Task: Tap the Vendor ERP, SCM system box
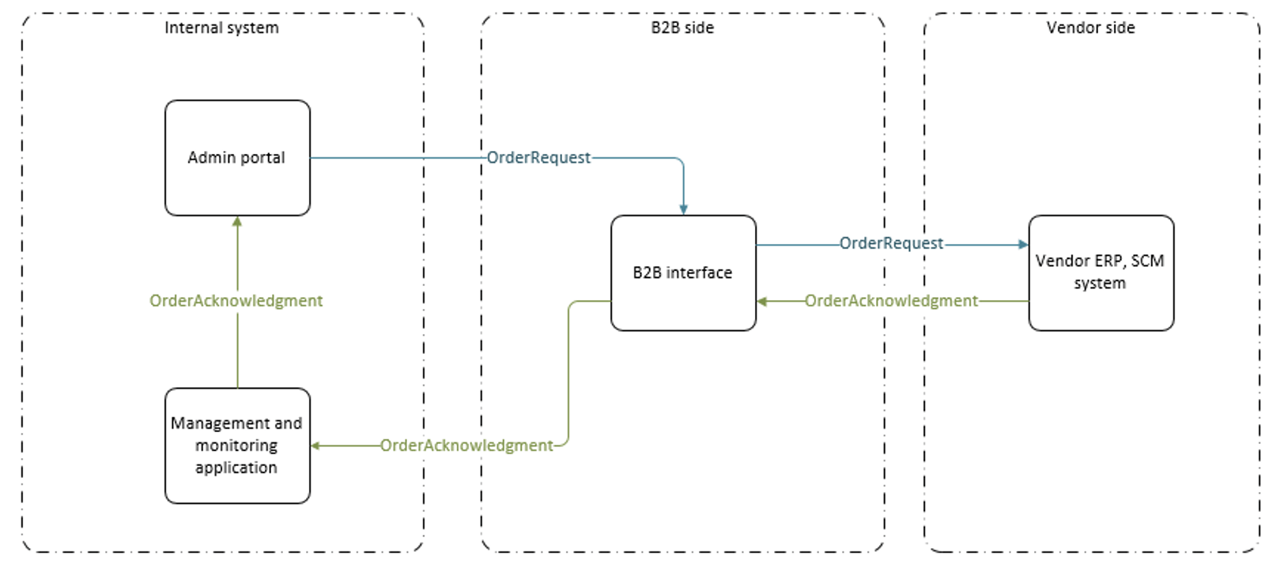(x=1100, y=304)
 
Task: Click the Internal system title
(x=221, y=28)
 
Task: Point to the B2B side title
(x=682, y=28)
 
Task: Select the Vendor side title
(x=1090, y=28)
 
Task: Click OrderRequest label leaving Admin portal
(x=538, y=158)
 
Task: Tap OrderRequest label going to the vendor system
(x=891, y=243)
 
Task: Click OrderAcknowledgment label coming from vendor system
(x=891, y=301)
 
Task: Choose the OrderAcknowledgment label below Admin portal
(x=236, y=301)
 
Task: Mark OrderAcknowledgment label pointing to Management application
(x=466, y=446)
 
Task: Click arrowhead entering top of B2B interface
(x=683, y=210)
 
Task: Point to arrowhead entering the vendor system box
(x=1023, y=245)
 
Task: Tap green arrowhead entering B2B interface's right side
(x=762, y=301)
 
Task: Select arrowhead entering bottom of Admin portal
(x=237, y=222)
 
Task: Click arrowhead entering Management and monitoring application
(x=315, y=446)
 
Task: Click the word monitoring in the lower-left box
(x=236, y=446)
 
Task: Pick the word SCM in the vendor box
(x=1147, y=261)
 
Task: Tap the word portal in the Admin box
(x=262, y=158)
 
